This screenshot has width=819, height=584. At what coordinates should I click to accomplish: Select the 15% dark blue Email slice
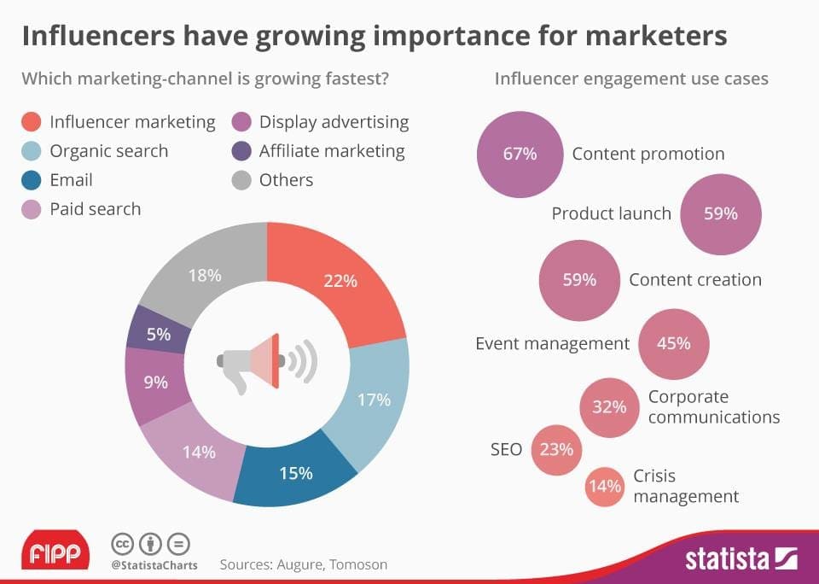point(296,472)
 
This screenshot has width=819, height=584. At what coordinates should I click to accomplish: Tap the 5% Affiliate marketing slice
point(159,334)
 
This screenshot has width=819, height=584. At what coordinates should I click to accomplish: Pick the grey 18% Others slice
point(205,275)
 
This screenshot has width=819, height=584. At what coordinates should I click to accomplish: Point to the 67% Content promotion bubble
point(520,155)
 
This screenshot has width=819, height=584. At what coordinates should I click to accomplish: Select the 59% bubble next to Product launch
point(720,214)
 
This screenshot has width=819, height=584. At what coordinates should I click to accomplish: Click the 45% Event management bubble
point(674,344)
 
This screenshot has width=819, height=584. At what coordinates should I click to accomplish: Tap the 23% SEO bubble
point(557,448)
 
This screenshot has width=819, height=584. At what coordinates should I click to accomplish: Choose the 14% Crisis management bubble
point(604,487)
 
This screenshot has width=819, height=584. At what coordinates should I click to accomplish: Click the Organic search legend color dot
point(32,151)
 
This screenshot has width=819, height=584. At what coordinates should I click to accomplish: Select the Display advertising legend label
point(334,122)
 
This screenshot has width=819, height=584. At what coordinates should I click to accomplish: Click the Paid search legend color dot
point(32,209)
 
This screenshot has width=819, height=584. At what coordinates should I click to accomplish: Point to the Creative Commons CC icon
point(124,544)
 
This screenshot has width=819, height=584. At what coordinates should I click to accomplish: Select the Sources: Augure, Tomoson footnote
point(303,564)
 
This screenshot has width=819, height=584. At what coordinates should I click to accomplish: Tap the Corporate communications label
point(713,406)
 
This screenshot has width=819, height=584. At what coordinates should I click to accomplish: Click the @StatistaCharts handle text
point(154,565)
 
